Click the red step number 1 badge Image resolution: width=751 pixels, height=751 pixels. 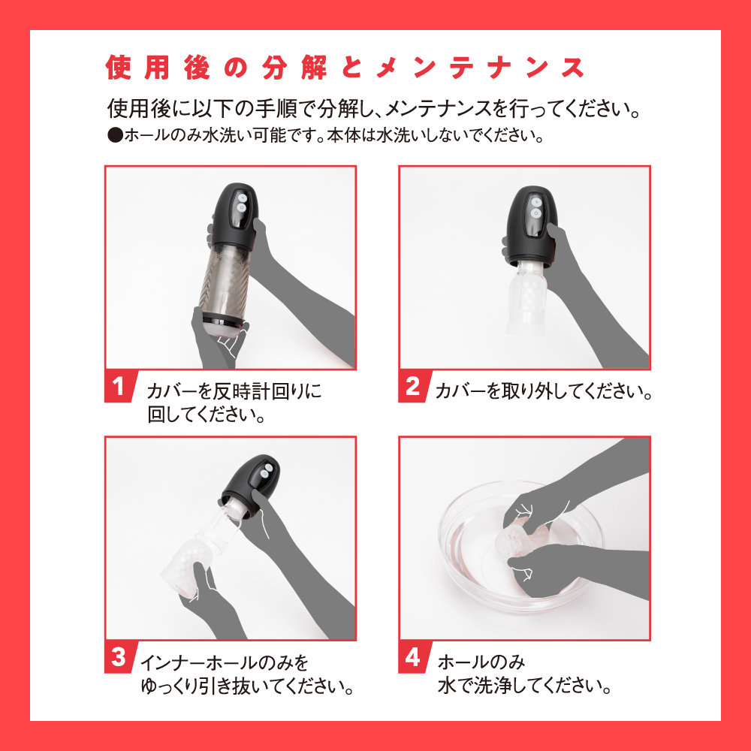(x=119, y=387)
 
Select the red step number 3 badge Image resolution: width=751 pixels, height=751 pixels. (x=119, y=657)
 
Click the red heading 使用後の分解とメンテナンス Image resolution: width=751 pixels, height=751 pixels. (x=345, y=68)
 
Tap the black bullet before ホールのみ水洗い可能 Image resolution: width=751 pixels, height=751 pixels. (x=116, y=136)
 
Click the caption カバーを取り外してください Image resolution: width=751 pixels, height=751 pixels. (x=544, y=392)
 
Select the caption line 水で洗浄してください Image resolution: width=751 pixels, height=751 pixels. (x=524, y=686)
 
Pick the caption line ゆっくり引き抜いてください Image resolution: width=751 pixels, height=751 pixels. (x=247, y=686)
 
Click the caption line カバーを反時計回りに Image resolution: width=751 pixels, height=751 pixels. (x=234, y=392)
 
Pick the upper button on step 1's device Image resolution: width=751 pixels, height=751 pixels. (x=242, y=198)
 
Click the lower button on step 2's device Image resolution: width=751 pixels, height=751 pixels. (x=536, y=213)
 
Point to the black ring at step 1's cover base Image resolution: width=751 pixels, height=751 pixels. (x=223, y=318)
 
